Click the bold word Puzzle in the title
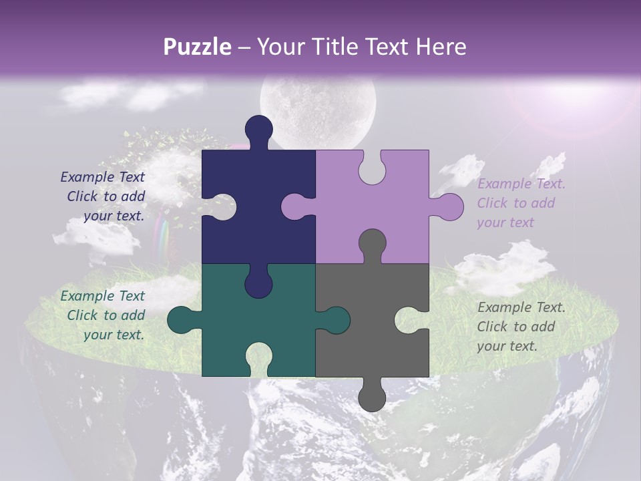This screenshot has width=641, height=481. [x=197, y=47]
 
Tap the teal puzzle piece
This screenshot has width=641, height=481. [x=220, y=334]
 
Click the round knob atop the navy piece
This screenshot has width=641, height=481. [x=258, y=128]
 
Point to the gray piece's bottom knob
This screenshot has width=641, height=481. [x=372, y=397]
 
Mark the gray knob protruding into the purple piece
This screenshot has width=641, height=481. [x=372, y=243]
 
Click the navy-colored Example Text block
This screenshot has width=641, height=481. [x=104, y=196]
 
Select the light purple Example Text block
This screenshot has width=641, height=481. [x=521, y=203]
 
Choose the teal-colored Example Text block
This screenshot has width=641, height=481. [x=104, y=315]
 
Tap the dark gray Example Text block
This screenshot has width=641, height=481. [x=521, y=327]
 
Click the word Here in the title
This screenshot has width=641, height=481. [x=441, y=47]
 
